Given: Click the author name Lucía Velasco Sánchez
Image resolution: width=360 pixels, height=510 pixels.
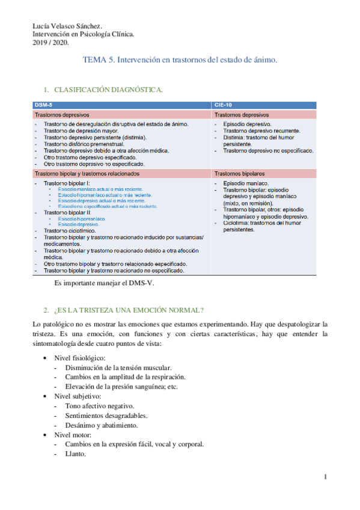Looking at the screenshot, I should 67,26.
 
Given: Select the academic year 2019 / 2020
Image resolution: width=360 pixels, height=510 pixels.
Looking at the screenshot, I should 50,43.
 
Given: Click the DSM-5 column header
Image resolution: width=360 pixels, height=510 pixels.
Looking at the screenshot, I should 43,105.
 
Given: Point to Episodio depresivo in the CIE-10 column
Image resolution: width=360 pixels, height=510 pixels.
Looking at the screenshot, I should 246,124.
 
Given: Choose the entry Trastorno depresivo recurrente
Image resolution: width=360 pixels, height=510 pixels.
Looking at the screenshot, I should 261,131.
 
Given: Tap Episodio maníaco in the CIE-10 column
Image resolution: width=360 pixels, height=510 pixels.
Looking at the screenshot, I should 246,183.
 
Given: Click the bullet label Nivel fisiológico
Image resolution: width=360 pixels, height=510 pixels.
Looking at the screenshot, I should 81,358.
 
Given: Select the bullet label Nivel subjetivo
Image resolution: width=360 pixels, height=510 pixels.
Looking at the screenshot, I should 78,397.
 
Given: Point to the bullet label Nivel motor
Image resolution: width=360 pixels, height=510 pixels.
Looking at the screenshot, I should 73,435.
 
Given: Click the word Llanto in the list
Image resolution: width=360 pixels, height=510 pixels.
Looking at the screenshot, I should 76,454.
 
